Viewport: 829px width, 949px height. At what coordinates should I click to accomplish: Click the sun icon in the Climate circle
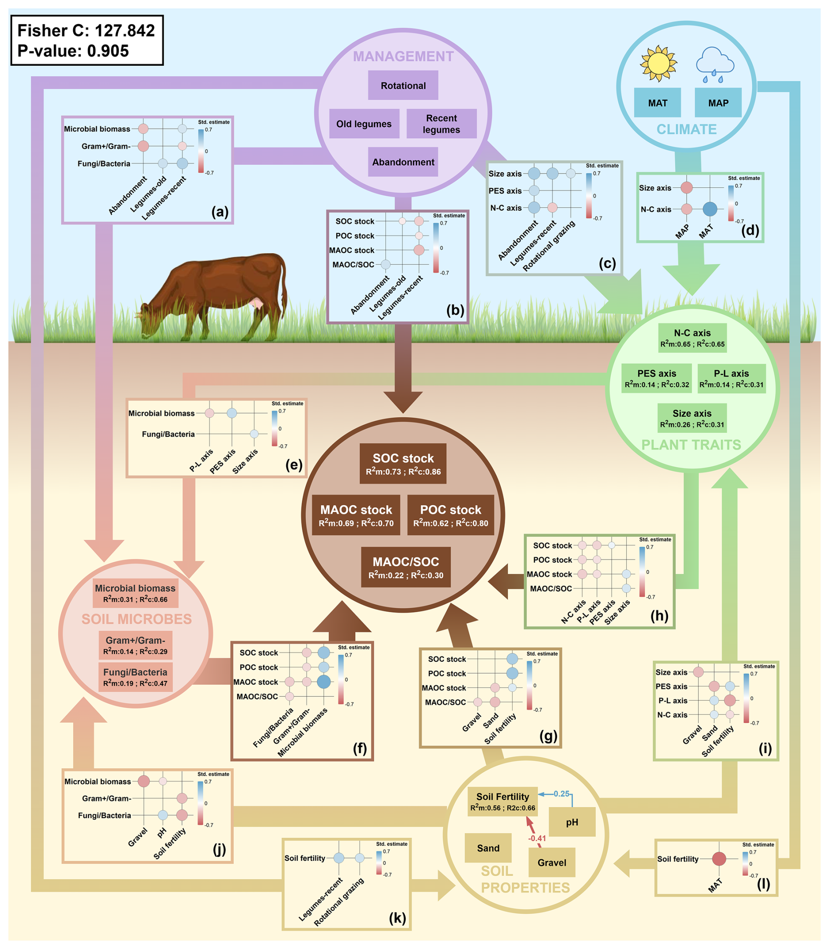(658, 64)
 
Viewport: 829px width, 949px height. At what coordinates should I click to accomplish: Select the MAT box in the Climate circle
(657, 103)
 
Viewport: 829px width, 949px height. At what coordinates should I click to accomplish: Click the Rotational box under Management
(403, 86)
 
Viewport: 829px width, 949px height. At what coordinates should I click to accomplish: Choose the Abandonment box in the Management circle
(403, 162)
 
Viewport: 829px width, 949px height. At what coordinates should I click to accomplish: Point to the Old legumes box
(364, 124)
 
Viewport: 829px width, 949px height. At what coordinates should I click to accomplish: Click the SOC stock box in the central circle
(403, 464)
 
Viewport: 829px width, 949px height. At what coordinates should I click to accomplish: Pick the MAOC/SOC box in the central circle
(406, 567)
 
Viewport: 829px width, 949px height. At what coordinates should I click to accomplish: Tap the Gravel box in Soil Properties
(552, 863)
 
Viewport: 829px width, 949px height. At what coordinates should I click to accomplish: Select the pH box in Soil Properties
(572, 822)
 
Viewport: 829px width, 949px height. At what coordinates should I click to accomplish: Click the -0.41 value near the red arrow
(537, 838)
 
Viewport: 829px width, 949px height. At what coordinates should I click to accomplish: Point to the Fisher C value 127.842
(124, 31)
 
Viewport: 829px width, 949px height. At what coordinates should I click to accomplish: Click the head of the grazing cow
(147, 319)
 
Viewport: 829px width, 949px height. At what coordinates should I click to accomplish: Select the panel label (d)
(750, 230)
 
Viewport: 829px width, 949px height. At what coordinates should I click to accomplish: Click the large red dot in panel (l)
(719, 859)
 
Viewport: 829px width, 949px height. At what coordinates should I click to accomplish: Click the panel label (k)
(397, 917)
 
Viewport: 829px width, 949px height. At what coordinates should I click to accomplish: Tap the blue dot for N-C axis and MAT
(710, 209)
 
